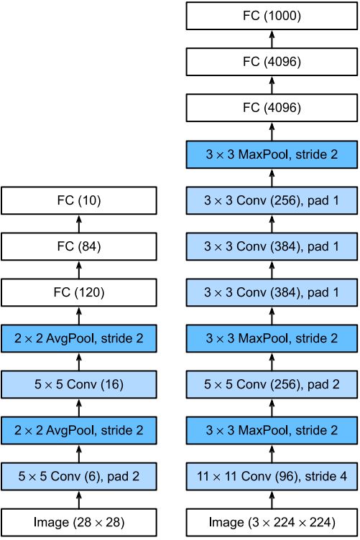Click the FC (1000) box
tap(272, 16)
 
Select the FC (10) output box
tap(79, 200)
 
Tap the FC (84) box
tap(79, 246)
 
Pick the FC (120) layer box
tap(79, 292)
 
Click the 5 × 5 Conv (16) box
tap(79, 384)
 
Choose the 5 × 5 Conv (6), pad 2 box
tap(79, 477)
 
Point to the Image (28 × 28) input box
tap(79, 523)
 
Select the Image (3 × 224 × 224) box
tap(272, 523)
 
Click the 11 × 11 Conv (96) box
tap(272, 477)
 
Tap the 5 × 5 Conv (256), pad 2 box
tap(272, 384)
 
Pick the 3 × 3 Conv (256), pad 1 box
tap(272, 200)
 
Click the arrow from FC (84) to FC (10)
tap(79, 223)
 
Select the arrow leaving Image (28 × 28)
tap(79, 500)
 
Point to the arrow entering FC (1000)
tap(272, 39)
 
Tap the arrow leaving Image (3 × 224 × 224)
tap(272, 500)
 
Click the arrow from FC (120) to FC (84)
tap(79, 270)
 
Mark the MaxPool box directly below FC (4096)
tap(272, 154)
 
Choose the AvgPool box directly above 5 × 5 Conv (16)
tap(79, 338)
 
